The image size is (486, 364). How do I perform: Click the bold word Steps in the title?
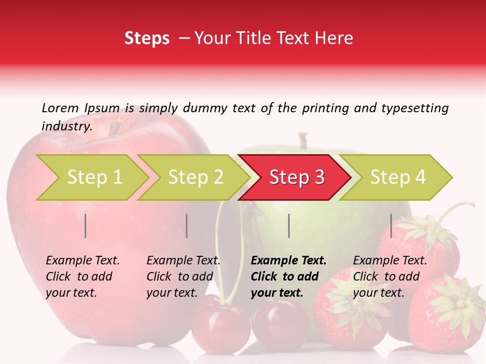[x=147, y=38]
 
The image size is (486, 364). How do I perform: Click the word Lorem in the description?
[x=60, y=108]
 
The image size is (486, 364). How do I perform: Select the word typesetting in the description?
[x=415, y=108]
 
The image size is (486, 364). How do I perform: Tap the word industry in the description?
[x=66, y=126]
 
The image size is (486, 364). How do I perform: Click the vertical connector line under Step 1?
[x=86, y=225]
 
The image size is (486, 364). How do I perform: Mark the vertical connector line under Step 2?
[x=187, y=225]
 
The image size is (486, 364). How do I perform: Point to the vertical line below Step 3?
[x=289, y=225]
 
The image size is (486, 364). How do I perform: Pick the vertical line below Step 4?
[x=391, y=225]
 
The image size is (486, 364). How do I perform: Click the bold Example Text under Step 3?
[x=289, y=261]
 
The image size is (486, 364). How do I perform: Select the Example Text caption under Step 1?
[x=83, y=261]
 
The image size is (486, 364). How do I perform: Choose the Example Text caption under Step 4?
[x=390, y=261]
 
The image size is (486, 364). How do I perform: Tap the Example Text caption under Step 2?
[x=183, y=261]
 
